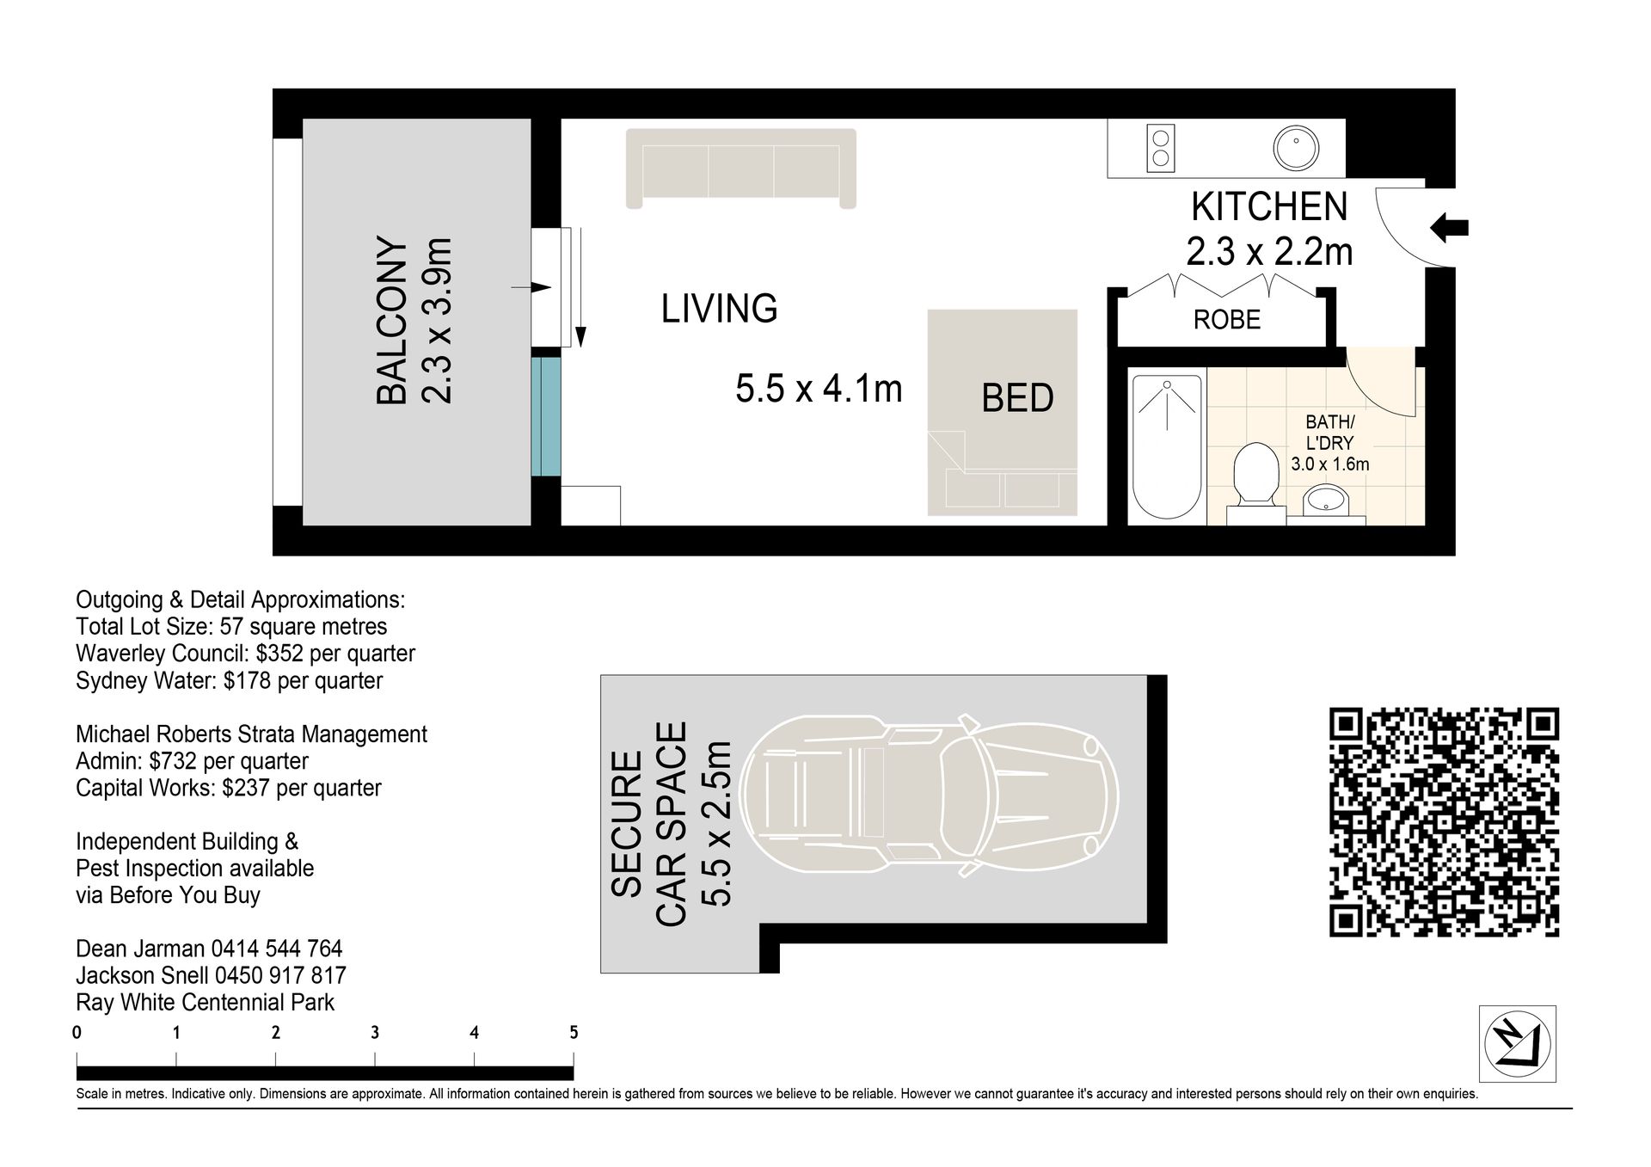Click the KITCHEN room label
coord(1269,207)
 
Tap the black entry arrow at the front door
coord(1449,228)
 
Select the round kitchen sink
coord(1296,148)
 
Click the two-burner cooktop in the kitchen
coord(1161,148)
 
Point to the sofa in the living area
coord(741,169)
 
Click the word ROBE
coord(1227,320)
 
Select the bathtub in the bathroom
coord(1167,447)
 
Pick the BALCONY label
coord(392,320)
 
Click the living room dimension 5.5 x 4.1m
coord(819,389)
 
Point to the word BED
coord(1017,398)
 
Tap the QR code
coord(1444,822)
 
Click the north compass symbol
coord(1518,1043)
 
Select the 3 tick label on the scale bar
coord(375,1033)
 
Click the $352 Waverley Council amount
coord(280,654)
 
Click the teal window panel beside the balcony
coord(546,416)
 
